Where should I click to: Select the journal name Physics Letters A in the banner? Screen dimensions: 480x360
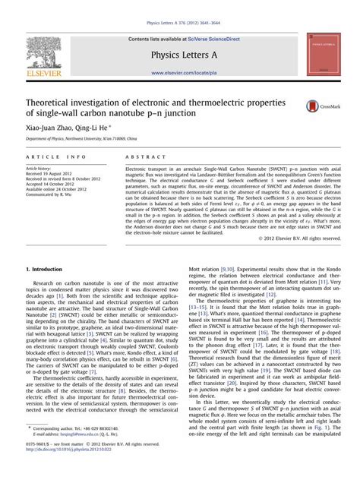coord(179,54)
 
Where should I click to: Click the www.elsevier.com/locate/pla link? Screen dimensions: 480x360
coord(179,73)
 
